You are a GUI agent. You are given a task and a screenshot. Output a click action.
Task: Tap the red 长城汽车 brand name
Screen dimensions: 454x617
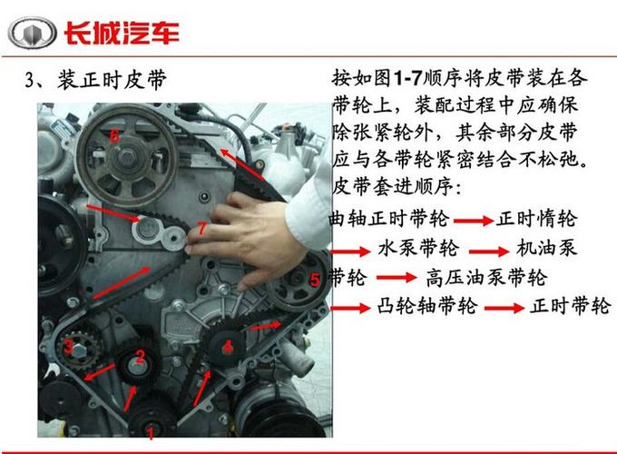coord(121,34)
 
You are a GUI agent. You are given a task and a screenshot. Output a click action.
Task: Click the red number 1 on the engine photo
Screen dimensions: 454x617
coord(151,434)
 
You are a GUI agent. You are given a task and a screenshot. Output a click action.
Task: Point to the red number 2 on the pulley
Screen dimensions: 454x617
coord(141,355)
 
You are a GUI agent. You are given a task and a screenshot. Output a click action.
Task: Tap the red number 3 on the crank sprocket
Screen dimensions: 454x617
coord(69,345)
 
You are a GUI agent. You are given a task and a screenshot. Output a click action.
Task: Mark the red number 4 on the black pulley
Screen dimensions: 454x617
coord(229,345)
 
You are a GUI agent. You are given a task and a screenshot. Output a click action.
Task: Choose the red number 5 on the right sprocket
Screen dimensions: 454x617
coord(314,281)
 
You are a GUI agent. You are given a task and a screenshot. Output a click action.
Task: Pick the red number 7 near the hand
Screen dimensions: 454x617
coord(201,230)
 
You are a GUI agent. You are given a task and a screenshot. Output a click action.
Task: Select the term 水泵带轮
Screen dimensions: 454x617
coord(418,248)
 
